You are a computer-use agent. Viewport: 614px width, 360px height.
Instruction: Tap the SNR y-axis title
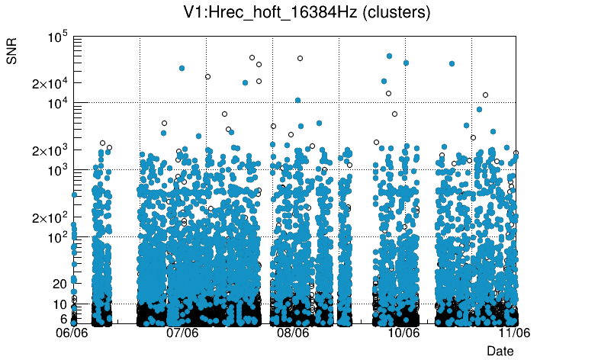(x=12, y=50)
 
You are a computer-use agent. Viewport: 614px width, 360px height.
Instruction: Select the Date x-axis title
(x=500, y=351)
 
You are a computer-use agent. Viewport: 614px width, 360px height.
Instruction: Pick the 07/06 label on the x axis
(x=183, y=333)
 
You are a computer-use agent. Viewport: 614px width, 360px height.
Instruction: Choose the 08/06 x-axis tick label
(x=293, y=333)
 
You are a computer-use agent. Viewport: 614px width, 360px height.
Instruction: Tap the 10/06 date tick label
(x=403, y=333)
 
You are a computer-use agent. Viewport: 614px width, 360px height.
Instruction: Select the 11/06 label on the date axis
(x=513, y=333)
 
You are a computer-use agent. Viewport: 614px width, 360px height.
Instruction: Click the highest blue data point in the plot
(x=390, y=56)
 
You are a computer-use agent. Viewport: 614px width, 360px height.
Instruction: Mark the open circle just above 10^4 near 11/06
(x=485, y=95)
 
